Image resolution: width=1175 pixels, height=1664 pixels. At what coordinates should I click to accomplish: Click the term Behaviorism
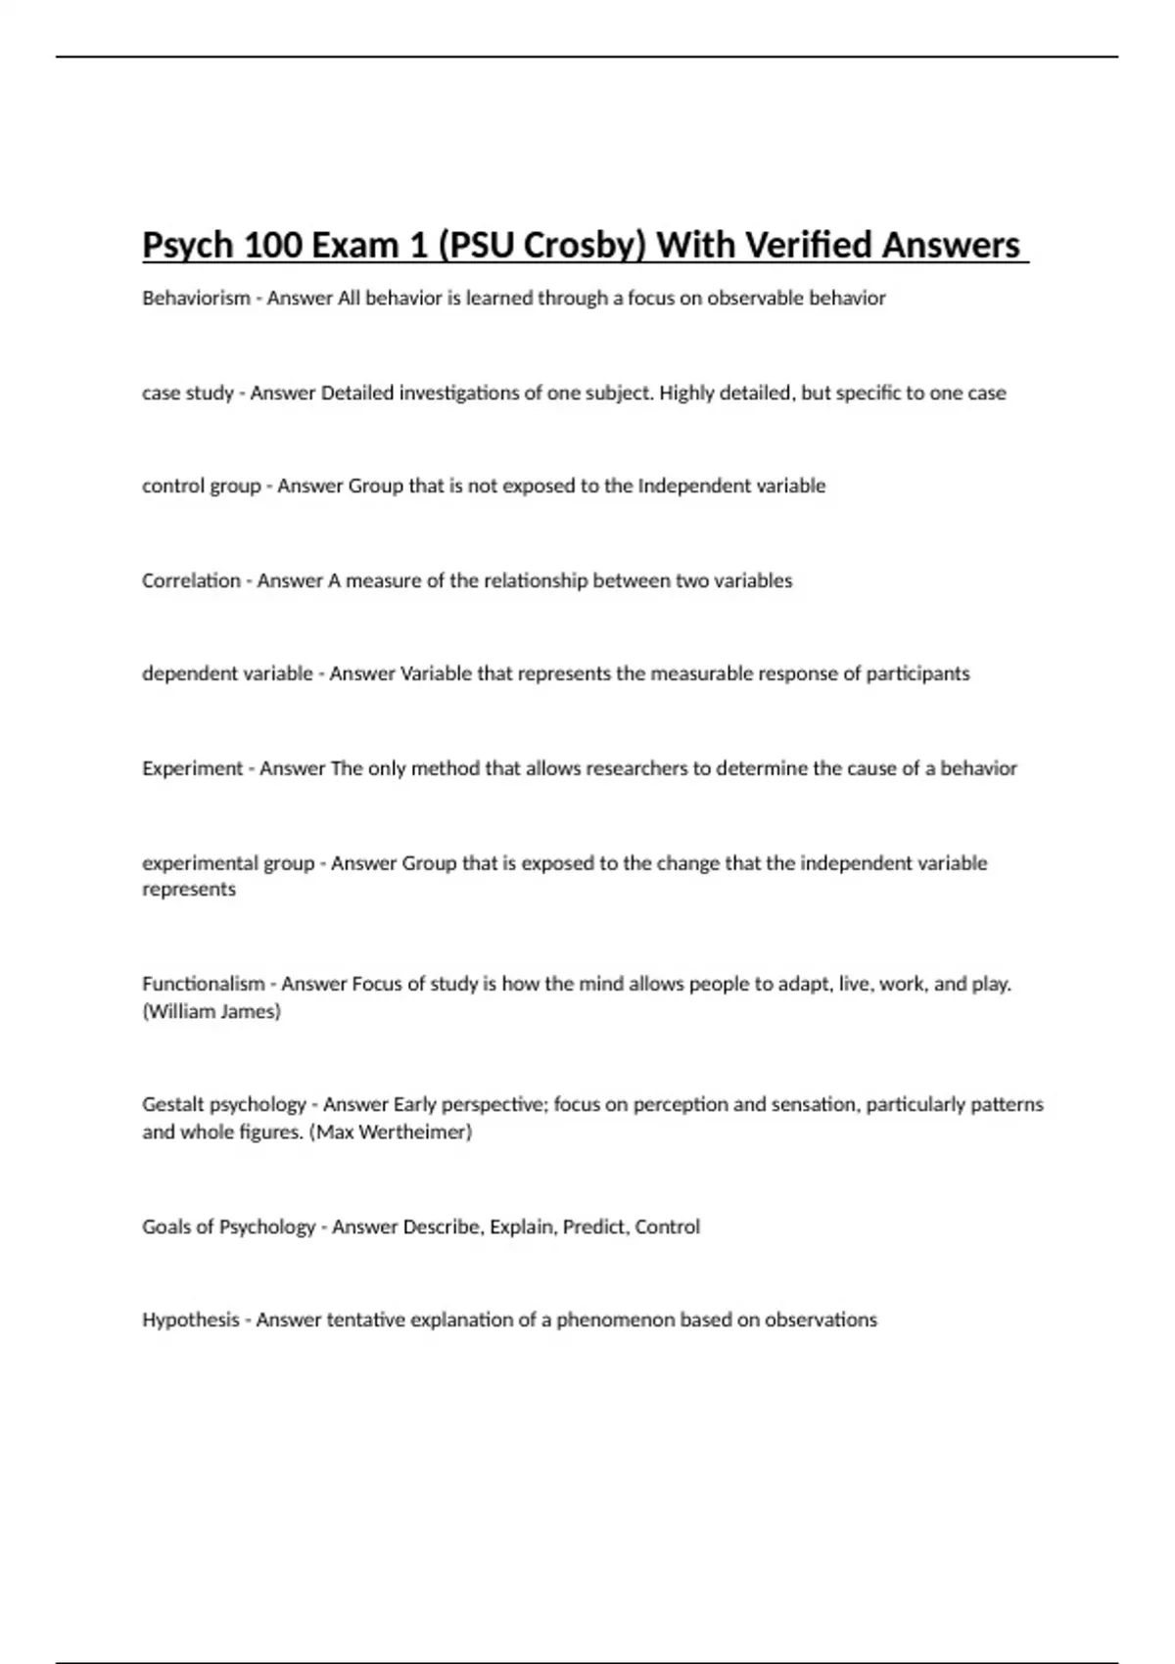click(196, 299)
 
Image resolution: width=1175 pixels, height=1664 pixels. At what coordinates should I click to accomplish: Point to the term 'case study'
click(188, 393)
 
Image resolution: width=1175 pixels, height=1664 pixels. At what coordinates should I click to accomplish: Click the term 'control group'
click(202, 486)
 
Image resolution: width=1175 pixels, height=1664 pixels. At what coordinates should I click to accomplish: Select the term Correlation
click(191, 580)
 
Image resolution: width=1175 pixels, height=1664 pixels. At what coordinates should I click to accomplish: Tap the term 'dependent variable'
click(227, 673)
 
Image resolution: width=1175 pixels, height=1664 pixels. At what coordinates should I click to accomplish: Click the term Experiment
click(192, 768)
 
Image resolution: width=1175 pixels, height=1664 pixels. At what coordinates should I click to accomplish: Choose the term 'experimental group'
click(228, 863)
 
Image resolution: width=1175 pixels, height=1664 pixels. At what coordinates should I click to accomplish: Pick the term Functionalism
click(204, 984)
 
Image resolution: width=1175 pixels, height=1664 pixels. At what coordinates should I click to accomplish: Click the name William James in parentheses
click(211, 1011)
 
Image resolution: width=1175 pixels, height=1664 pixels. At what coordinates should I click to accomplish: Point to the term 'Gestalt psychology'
click(224, 1104)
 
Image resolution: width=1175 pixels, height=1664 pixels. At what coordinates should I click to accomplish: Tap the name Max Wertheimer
click(390, 1132)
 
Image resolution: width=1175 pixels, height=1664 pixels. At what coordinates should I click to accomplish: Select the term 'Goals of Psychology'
click(228, 1227)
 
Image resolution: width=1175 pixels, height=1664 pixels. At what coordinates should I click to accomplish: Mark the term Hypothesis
click(191, 1319)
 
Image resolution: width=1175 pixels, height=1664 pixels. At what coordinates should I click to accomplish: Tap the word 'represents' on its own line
click(189, 890)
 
